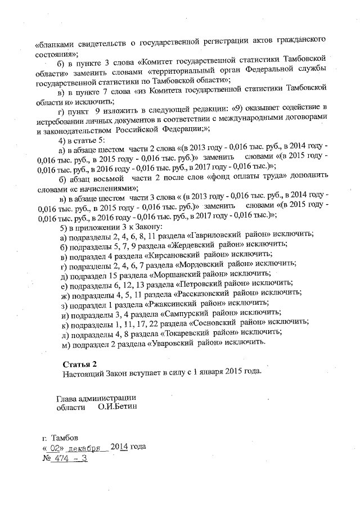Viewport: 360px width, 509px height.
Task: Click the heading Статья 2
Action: pyautogui.click(x=78, y=363)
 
